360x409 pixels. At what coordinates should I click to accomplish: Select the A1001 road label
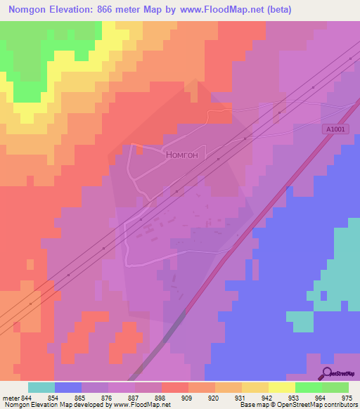point(336,129)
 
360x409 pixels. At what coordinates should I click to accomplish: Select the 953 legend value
point(300,398)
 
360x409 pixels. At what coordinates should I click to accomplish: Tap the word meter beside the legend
point(11,398)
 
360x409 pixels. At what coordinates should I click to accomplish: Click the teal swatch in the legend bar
point(41,387)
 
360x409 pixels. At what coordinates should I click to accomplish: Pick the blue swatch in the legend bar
point(68,387)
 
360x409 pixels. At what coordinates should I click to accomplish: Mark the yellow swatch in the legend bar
point(282,387)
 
